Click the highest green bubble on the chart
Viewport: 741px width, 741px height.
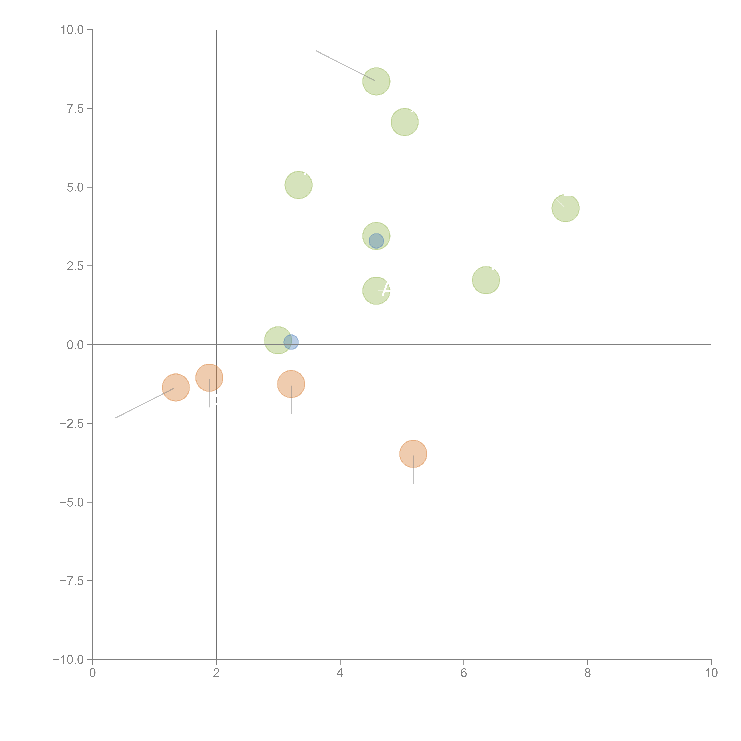coord(376,81)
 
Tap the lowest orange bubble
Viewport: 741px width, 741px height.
coord(413,454)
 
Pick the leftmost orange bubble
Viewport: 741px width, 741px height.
coord(176,387)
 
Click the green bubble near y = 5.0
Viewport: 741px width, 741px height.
coord(298,185)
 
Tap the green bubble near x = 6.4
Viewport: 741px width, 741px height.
coord(486,280)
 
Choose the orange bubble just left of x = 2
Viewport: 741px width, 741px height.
coord(209,378)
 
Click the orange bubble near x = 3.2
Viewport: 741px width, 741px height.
coord(291,384)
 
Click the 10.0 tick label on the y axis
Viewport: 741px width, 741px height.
coord(72,30)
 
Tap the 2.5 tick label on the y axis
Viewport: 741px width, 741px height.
coord(75,266)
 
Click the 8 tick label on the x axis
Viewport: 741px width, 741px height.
coord(588,673)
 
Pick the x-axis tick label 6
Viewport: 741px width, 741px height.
coord(464,673)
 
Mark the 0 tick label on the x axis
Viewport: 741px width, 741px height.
coord(92,673)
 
